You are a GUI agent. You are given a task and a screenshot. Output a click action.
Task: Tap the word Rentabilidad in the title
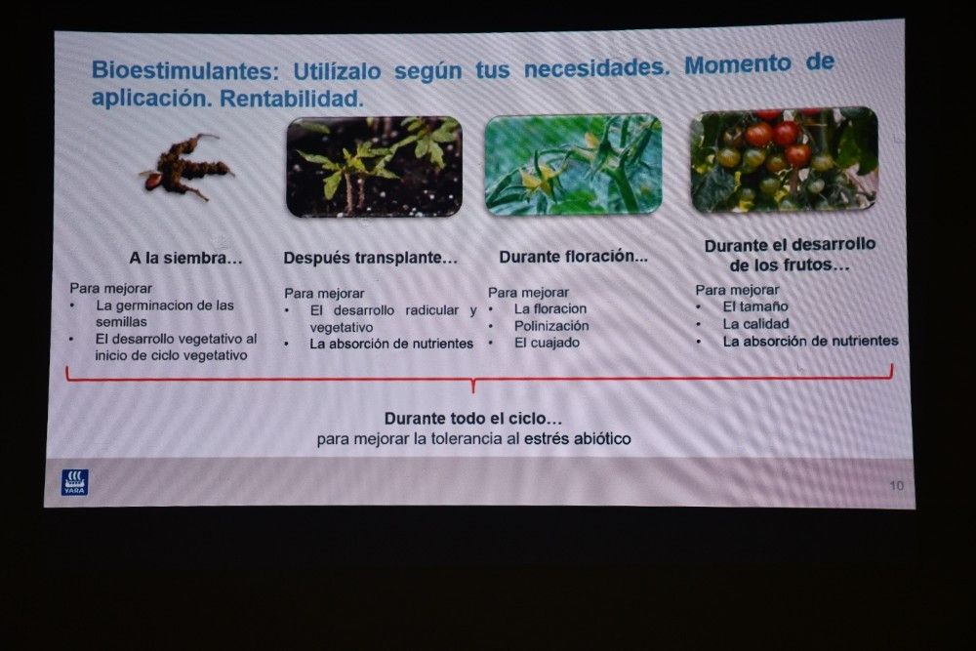pos(291,99)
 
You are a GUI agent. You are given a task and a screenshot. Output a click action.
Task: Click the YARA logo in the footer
pos(74,482)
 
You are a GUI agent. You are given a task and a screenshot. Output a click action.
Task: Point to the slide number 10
pos(896,485)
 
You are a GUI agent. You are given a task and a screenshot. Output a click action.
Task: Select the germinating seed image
pos(185,166)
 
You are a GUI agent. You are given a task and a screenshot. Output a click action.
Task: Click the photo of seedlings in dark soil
pos(374,167)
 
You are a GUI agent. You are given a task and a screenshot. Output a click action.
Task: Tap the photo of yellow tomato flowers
pos(573,165)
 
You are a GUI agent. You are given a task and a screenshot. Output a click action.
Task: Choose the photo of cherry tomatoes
pos(785,160)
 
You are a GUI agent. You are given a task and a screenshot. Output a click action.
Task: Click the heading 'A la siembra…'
pos(185,258)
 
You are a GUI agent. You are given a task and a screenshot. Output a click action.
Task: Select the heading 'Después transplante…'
pos(370,258)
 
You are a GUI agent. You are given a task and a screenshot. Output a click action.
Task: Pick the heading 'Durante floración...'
pos(573,257)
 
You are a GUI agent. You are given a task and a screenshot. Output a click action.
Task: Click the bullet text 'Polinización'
pos(551,326)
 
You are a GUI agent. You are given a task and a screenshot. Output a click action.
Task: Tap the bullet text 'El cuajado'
pos(548,343)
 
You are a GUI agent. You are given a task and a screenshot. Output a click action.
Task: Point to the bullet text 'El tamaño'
pos(755,306)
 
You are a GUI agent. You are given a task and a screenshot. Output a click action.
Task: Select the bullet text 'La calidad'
pos(755,324)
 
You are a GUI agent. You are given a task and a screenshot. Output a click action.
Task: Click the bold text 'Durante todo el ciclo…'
pos(473,419)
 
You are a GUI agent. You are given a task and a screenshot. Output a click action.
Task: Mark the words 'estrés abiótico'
pos(578,439)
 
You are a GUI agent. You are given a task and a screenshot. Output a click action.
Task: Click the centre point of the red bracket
pos(473,380)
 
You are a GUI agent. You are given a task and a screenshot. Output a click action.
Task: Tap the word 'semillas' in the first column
pos(121,322)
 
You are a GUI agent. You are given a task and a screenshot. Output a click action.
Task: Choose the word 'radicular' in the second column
pos(432,310)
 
